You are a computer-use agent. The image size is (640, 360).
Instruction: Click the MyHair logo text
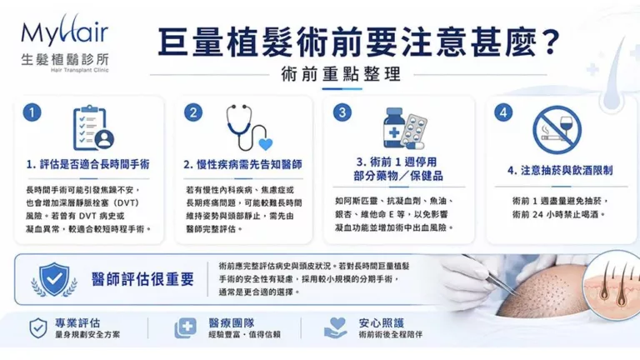(x=65, y=32)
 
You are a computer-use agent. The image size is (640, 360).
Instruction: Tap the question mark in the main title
(x=547, y=42)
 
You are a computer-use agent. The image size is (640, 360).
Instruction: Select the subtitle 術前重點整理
(x=341, y=74)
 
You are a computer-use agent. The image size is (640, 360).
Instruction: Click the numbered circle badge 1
(x=32, y=112)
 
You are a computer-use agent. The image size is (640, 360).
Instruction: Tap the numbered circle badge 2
(x=193, y=112)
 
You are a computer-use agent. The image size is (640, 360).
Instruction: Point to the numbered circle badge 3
(x=342, y=112)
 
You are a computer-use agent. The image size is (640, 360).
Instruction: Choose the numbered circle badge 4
(x=503, y=112)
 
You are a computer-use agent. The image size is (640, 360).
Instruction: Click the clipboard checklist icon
(x=93, y=128)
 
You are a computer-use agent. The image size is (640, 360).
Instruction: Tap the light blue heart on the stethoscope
(x=266, y=144)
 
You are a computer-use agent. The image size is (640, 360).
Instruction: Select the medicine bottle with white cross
(x=394, y=127)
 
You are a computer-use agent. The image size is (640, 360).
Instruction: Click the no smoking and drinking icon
(x=557, y=130)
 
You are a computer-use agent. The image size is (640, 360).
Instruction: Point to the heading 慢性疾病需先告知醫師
(x=249, y=164)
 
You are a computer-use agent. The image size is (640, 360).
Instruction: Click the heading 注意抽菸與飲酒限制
(x=567, y=171)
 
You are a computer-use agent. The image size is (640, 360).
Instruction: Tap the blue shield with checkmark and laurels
(x=54, y=280)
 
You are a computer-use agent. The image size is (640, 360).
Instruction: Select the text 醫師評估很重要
(x=142, y=279)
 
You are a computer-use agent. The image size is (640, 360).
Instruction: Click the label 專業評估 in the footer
(x=77, y=323)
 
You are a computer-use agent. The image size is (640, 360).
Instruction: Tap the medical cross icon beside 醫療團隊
(x=186, y=327)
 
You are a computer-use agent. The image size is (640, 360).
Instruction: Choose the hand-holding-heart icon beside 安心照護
(x=336, y=327)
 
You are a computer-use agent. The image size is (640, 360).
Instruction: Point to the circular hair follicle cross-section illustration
(x=611, y=282)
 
